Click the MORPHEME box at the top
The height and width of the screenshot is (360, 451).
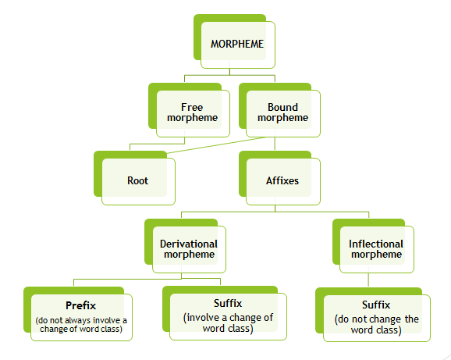237,44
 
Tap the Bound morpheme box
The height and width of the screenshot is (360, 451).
277,112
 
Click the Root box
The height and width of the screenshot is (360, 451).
137,180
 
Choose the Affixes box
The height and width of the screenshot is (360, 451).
282,180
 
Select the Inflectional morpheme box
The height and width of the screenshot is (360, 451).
375,248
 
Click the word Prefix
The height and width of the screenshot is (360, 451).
81,304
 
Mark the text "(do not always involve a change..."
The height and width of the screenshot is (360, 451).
80,325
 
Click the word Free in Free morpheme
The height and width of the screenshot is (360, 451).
191,106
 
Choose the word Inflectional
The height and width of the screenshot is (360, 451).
375,243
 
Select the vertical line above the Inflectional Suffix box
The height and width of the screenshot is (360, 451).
367,281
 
